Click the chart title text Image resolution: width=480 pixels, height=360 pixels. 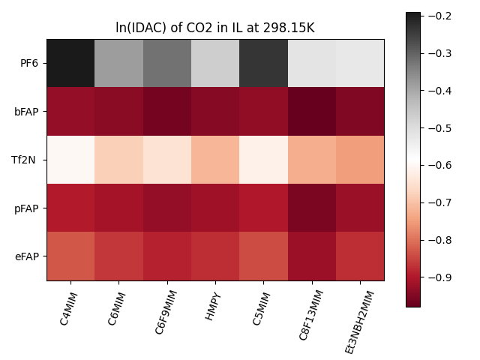click(215, 28)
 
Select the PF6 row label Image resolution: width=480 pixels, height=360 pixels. click(30, 63)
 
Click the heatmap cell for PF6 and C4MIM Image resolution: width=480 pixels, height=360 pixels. click(70, 63)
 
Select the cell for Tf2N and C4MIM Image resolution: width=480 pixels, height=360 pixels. click(70, 160)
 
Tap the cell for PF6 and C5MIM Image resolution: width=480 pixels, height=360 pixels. click(263, 63)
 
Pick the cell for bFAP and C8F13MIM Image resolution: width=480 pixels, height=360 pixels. click(311, 111)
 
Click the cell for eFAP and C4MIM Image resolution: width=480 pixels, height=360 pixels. click(70, 256)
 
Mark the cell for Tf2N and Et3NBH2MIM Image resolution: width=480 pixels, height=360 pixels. click(360, 160)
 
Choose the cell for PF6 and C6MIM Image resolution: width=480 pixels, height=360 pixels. click(118, 63)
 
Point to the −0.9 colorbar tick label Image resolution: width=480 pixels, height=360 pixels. click(438, 277)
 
